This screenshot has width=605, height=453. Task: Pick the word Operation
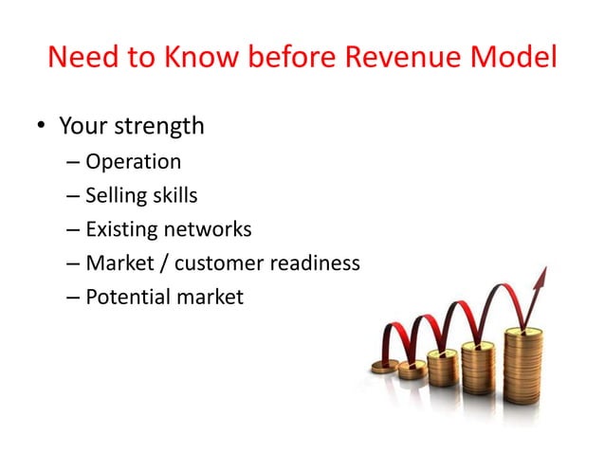pyautogui.click(x=133, y=162)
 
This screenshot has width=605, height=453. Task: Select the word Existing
pyautogui.click(x=120, y=229)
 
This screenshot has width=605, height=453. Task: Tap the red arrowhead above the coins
pyautogui.click(x=541, y=279)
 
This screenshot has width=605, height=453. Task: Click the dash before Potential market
pyautogui.click(x=73, y=298)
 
